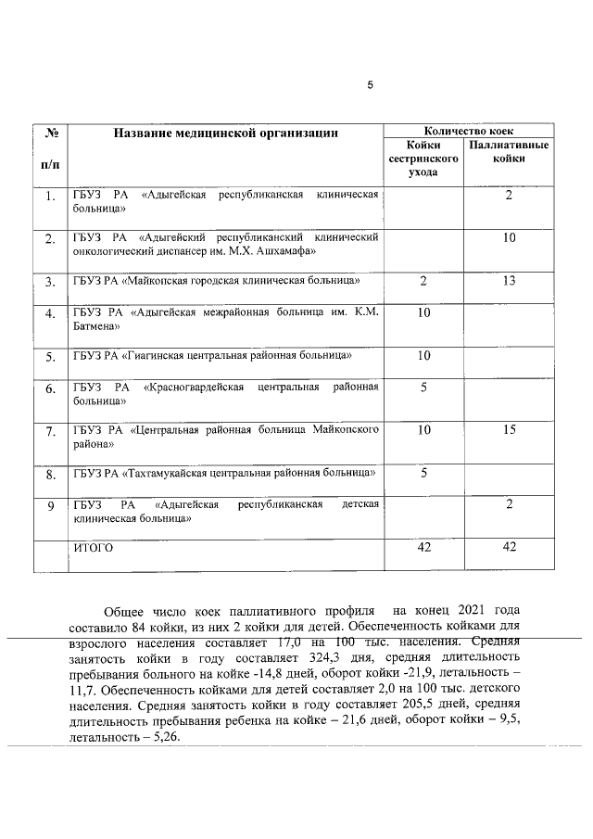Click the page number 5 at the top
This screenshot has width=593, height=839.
[x=371, y=85]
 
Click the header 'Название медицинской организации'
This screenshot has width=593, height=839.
[x=226, y=133]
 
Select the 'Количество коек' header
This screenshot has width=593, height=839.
[x=469, y=132]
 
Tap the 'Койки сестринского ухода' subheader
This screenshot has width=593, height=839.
[x=423, y=159]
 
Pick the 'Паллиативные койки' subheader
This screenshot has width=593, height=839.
[x=509, y=153]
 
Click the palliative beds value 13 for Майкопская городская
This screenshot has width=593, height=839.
[x=509, y=281]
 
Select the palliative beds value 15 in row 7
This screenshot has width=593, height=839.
[x=509, y=429]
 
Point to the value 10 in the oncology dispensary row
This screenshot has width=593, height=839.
[x=509, y=238]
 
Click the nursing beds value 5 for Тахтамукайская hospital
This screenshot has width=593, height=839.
[x=423, y=473]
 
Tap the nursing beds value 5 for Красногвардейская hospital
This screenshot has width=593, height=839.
[x=423, y=388]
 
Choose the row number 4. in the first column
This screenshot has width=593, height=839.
[x=50, y=313]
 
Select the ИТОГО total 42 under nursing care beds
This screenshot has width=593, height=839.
[x=423, y=548]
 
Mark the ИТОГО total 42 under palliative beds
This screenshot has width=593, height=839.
[x=509, y=548]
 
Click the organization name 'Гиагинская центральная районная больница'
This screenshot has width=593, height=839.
[x=212, y=355]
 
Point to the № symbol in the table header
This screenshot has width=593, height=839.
[x=50, y=133]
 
